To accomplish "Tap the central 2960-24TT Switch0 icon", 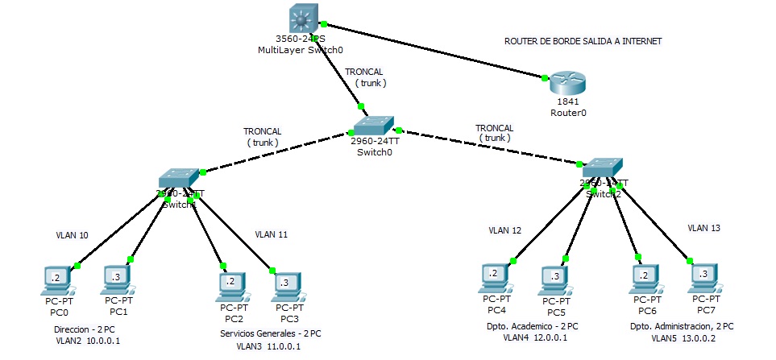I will click(x=373, y=124).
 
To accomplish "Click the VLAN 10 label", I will click(x=72, y=236).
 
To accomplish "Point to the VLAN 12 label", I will click(x=504, y=230).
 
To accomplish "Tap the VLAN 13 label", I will click(x=703, y=228).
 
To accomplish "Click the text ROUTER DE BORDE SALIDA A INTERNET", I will click(x=584, y=41).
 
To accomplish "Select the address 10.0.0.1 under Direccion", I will click(x=102, y=341).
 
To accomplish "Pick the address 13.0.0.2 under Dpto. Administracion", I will click(x=702, y=339).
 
